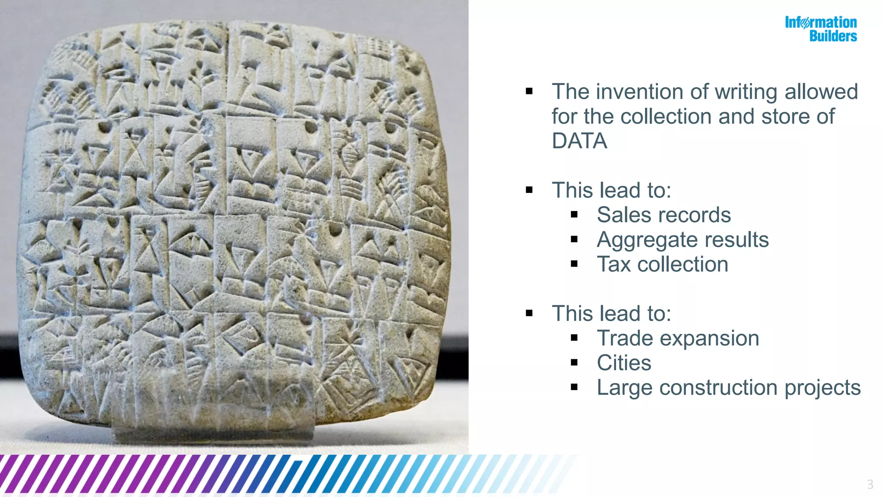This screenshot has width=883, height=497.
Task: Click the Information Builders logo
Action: coord(820,29)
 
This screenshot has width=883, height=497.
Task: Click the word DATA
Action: coord(579,141)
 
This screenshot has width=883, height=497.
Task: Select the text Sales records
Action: coord(664,215)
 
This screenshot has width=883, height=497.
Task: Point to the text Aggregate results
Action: coord(683,240)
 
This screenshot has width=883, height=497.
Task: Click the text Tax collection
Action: coord(662,264)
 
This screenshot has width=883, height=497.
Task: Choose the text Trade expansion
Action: coord(678,338)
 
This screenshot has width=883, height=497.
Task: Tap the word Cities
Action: coord(623,363)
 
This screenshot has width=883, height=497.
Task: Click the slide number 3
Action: coord(870,484)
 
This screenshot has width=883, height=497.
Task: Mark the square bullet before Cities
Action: coord(574,363)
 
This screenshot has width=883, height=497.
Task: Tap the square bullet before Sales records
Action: coord(574,214)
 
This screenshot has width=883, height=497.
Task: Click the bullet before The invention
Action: coord(529,91)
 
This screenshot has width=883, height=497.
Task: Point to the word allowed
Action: coord(821,92)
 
